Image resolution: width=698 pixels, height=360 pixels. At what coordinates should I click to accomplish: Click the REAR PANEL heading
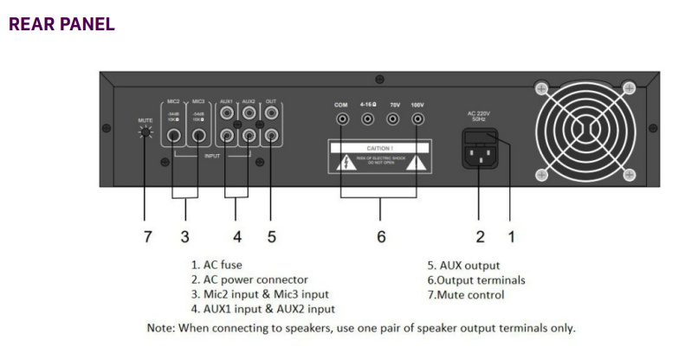[61, 24]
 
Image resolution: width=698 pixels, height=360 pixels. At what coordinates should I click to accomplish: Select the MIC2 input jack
[175, 135]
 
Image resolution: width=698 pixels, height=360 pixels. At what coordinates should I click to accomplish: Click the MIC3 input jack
[198, 135]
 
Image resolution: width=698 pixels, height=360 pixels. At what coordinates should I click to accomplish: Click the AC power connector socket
[478, 157]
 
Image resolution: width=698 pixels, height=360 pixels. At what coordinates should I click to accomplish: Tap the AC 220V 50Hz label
[479, 114]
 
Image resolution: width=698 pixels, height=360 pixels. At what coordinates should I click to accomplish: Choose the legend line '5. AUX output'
[464, 265]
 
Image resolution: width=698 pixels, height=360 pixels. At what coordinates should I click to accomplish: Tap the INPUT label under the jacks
[212, 156]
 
